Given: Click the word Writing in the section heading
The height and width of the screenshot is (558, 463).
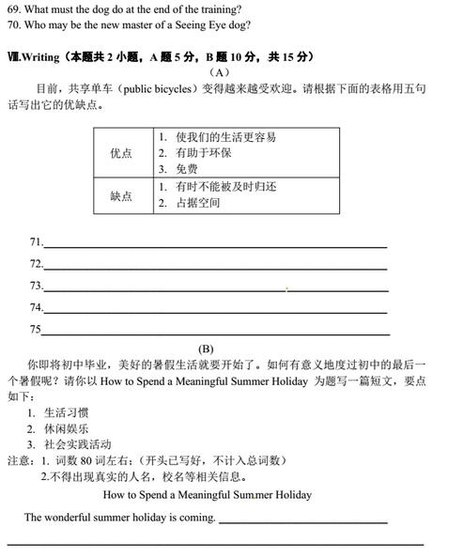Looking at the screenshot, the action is pos(42,57).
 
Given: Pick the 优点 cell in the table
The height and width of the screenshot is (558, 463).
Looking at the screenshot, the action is pos(121,153).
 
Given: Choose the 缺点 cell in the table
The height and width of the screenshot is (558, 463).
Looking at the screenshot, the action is pos(121,196).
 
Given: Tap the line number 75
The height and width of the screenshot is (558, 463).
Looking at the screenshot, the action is pos(36,330).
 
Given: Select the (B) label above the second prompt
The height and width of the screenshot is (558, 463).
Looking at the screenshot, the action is pos(206,348).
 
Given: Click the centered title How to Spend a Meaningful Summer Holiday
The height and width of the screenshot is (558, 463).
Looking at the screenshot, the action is pos(207,495).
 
